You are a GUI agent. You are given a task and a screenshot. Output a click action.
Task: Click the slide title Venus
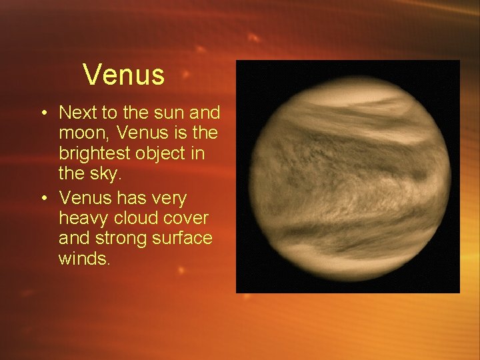click(x=124, y=75)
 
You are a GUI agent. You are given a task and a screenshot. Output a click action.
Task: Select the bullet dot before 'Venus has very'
click(x=43, y=198)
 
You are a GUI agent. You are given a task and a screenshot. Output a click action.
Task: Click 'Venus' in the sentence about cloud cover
click(x=83, y=198)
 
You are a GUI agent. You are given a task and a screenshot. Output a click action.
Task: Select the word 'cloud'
click(x=136, y=218)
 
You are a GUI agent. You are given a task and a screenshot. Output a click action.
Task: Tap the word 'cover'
click(x=187, y=218)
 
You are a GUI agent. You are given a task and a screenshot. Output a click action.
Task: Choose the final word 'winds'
click(x=83, y=258)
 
